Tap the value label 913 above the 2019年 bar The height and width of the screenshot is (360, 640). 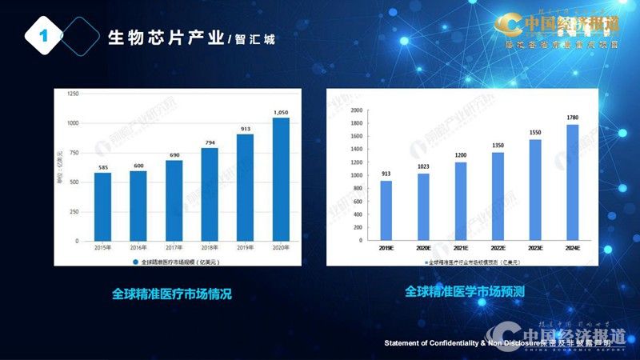click(245, 128)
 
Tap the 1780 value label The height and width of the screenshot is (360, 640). click(572, 118)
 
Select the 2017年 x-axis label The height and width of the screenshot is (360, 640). click(174, 249)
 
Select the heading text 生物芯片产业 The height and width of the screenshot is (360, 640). click(166, 38)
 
